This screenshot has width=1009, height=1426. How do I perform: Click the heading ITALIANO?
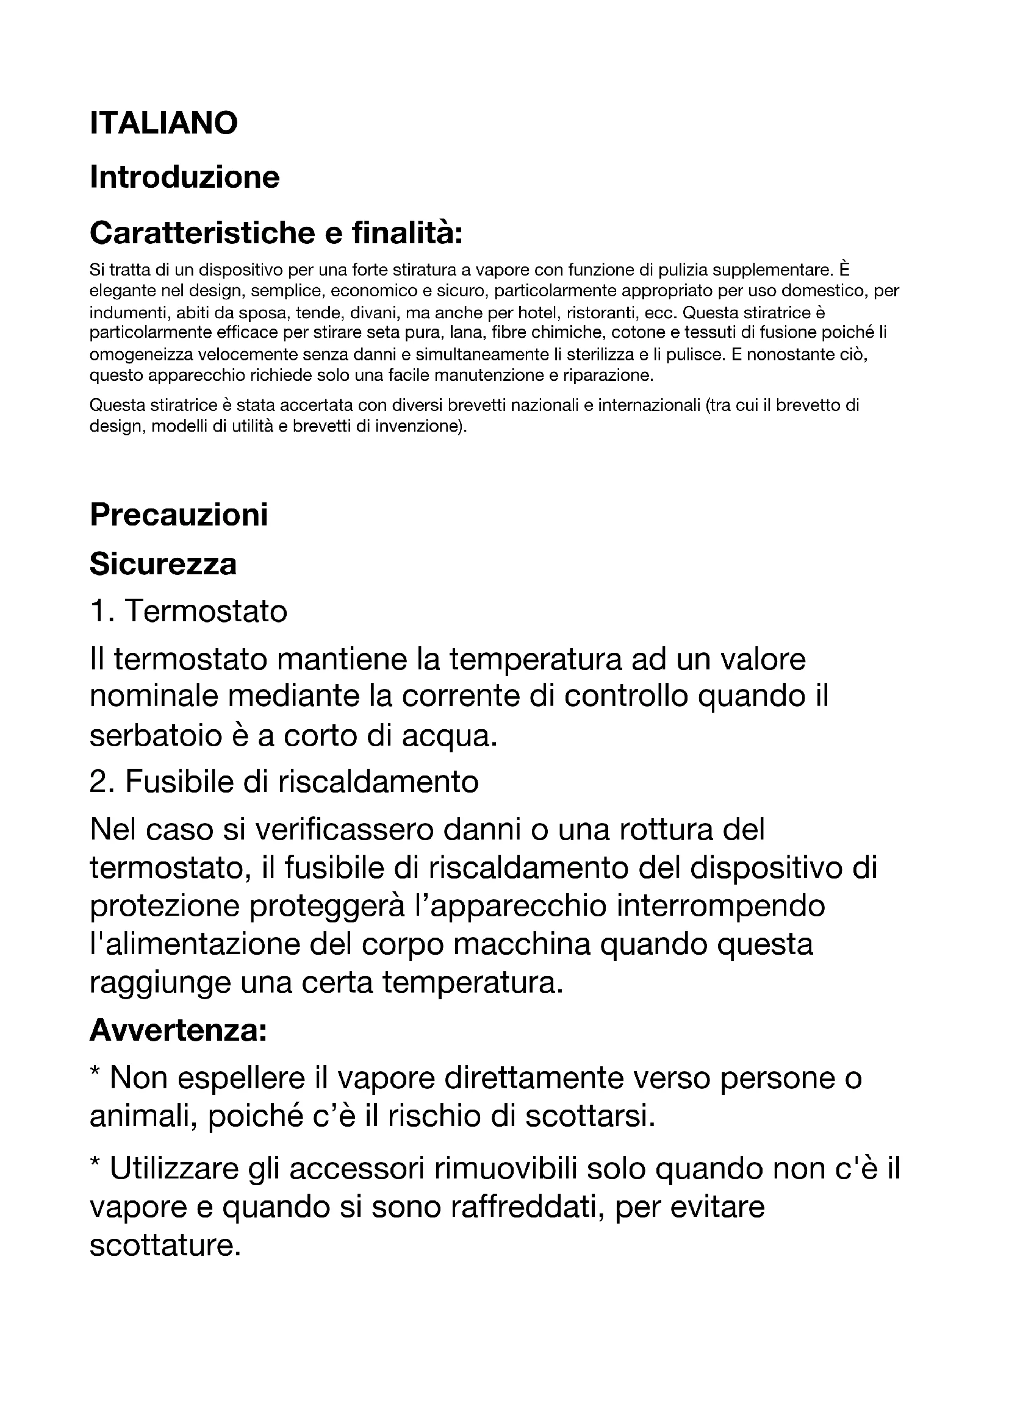(x=163, y=123)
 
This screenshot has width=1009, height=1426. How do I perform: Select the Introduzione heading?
(x=184, y=177)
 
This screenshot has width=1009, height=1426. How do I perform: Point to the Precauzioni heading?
(x=179, y=515)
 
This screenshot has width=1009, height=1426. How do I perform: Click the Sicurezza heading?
(x=163, y=565)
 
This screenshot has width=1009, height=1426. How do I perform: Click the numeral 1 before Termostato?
(x=98, y=611)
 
